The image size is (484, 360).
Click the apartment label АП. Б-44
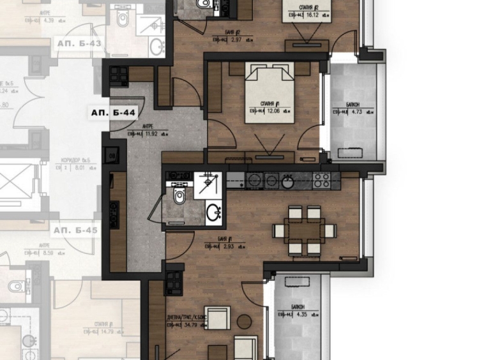(x=112, y=112)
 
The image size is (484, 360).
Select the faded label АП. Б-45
(x=75, y=230)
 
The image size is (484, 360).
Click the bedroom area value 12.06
(x=275, y=110)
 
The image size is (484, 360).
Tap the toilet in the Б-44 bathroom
(x=179, y=194)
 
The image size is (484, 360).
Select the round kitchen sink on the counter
(x=287, y=182)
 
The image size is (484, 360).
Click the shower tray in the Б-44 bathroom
(x=208, y=184)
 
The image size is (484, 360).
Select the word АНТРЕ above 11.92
(x=148, y=126)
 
